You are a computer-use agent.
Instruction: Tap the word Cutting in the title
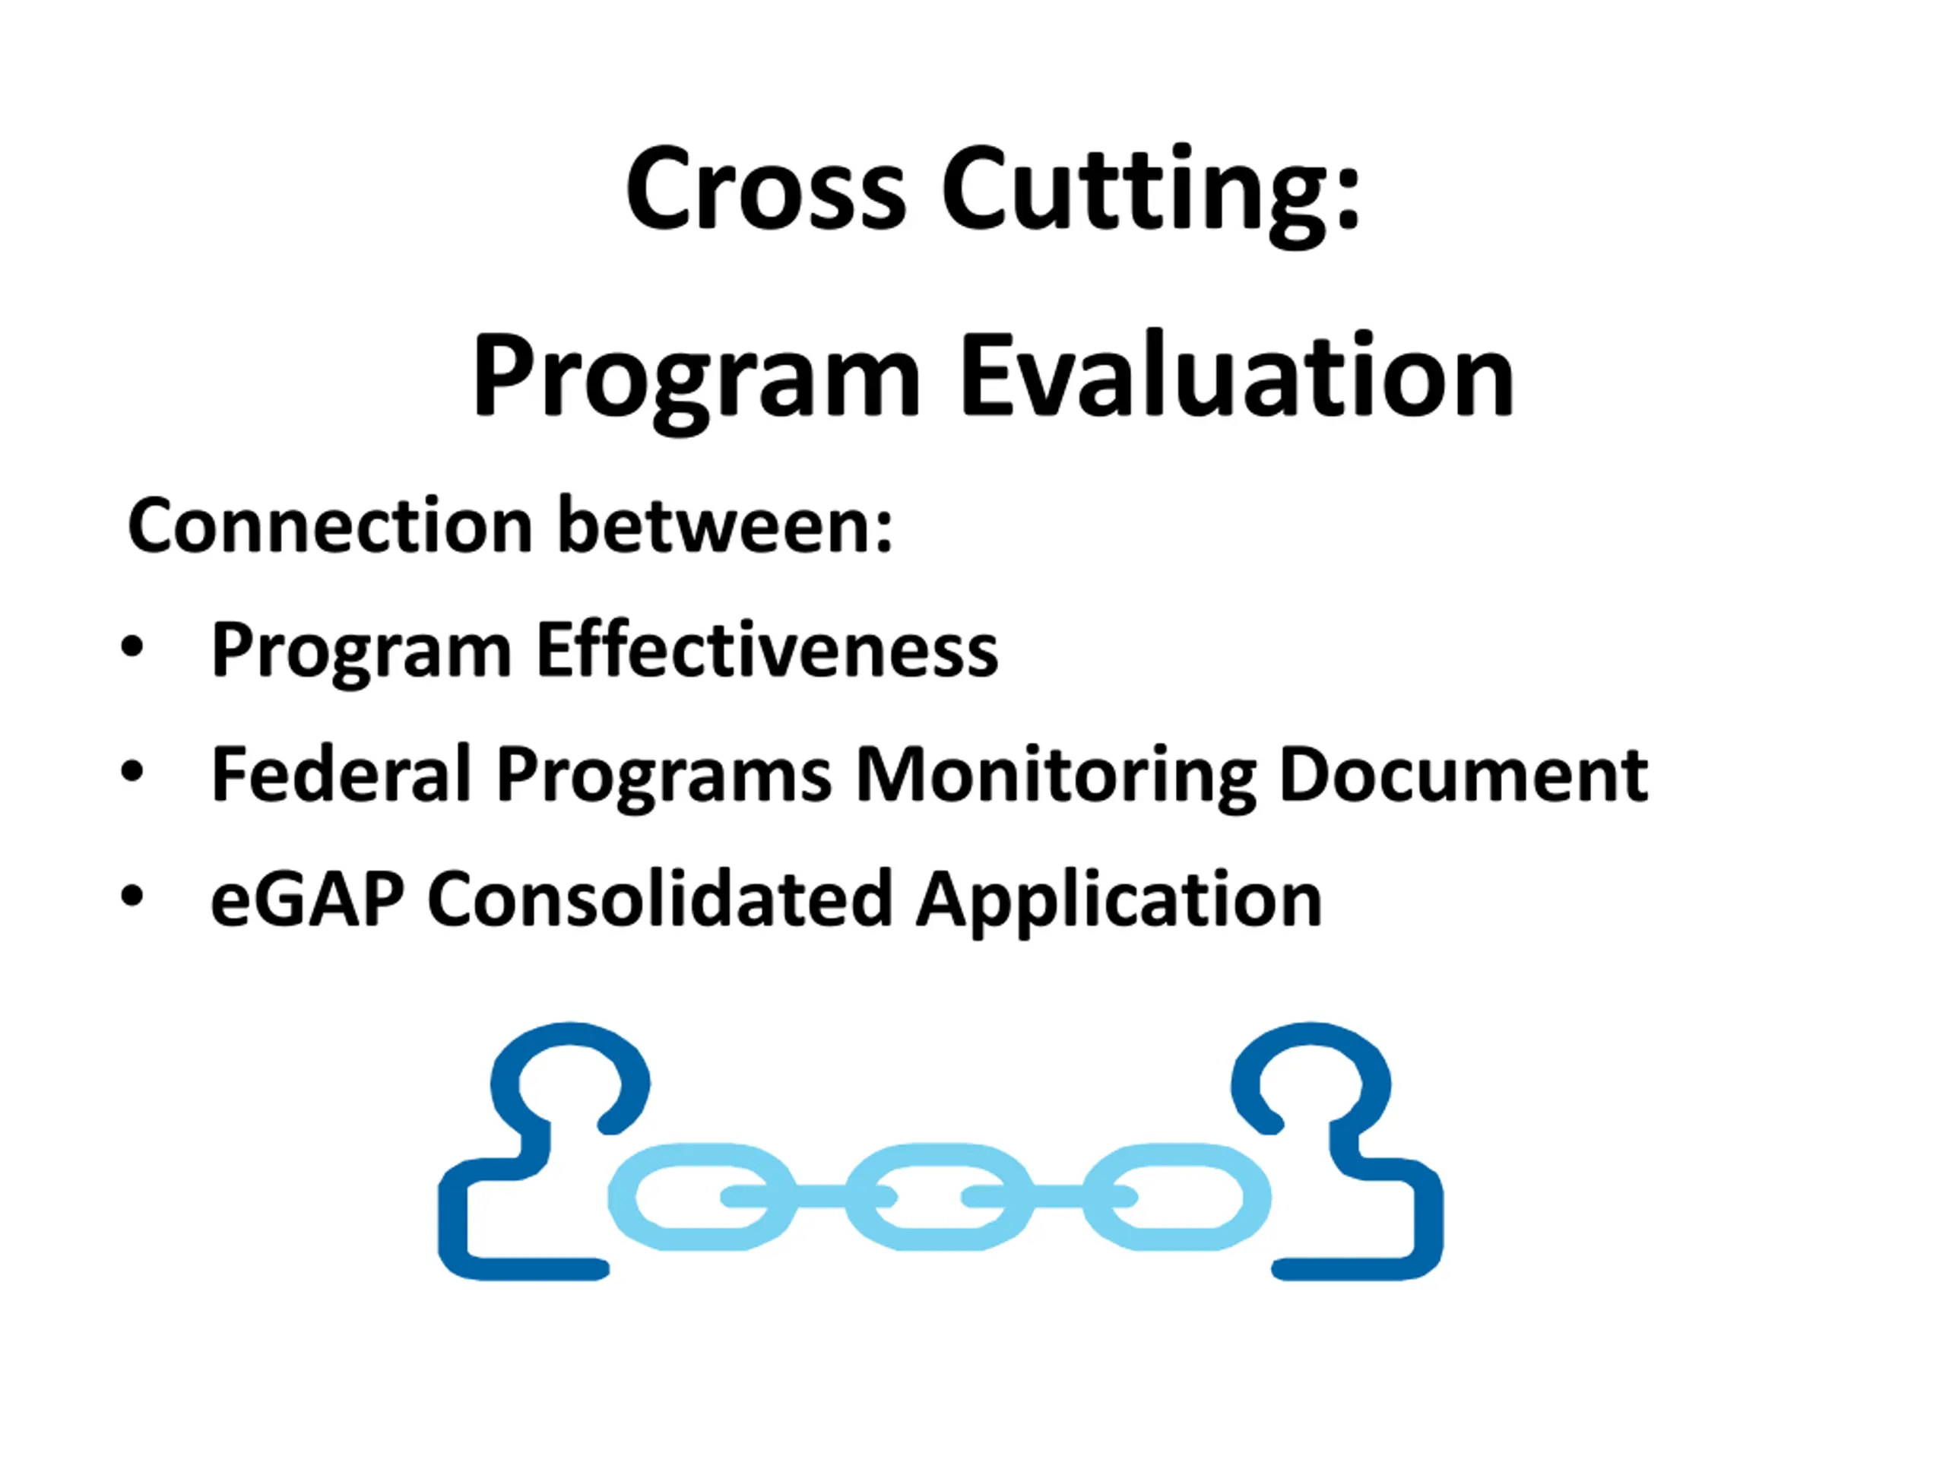tap(1151, 195)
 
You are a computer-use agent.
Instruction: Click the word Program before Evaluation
tap(696, 382)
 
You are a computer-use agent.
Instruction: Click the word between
tap(726, 524)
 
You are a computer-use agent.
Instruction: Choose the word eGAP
tap(307, 900)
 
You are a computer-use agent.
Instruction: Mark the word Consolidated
tap(661, 899)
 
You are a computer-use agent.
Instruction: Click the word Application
tap(1119, 901)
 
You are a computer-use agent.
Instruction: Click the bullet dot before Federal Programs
tap(132, 773)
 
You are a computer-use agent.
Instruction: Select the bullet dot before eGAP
tap(132, 897)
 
